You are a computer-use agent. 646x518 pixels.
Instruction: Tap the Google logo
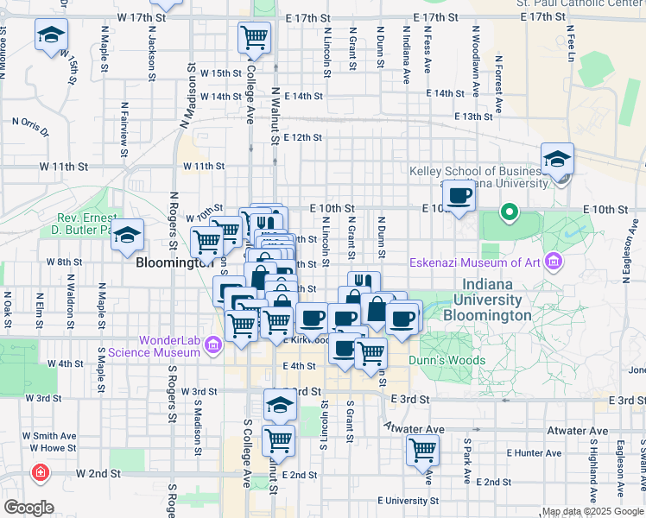click(x=28, y=508)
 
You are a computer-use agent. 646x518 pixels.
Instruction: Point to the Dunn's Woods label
click(x=447, y=360)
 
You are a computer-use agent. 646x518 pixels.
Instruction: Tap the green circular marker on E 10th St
click(x=510, y=211)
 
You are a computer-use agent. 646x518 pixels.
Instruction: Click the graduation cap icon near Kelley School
click(x=557, y=159)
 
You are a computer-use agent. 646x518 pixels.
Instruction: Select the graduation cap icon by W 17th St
click(x=51, y=36)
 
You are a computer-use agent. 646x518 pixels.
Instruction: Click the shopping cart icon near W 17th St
click(x=255, y=36)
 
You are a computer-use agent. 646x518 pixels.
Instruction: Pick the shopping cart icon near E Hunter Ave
click(x=422, y=449)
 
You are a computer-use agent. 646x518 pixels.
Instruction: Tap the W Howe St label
click(x=49, y=447)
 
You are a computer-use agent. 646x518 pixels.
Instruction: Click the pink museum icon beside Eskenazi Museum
click(x=554, y=261)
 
